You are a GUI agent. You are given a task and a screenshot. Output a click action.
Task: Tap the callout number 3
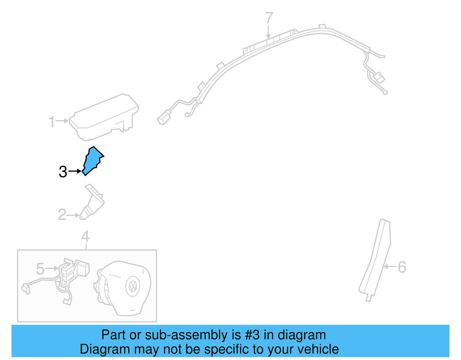click(x=63, y=172)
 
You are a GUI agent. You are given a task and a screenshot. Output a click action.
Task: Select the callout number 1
click(x=52, y=122)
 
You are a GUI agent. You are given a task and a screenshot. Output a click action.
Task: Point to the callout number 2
click(x=62, y=215)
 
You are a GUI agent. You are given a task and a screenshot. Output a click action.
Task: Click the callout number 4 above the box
click(x=85, y=237)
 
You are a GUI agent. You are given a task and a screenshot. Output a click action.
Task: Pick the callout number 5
click(x=40, y=269)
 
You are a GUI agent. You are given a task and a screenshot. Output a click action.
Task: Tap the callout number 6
click(x=402, y=267)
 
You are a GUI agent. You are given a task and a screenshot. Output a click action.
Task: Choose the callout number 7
click(x=269, y=18)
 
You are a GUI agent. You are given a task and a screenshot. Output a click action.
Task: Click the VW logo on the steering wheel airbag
click(x=133, y=286)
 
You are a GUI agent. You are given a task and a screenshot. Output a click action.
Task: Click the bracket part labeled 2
click(x=93, y=203)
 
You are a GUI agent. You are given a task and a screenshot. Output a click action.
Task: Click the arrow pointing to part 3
click(x=75, y=171)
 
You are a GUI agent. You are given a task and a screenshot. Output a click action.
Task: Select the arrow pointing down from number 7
click(x=269, y=32)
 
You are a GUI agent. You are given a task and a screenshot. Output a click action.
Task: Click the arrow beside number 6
click(x=390, y=267)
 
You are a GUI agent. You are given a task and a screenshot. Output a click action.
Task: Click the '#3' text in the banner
click(x=252, y=335)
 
